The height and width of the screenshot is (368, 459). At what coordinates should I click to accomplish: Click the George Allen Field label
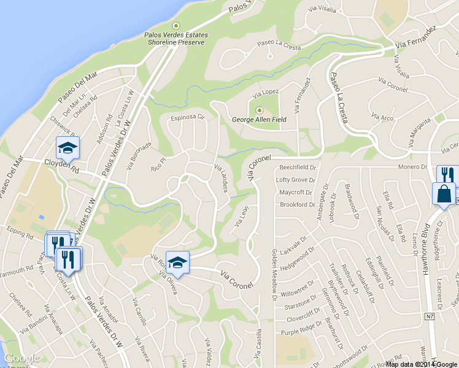point(258,120)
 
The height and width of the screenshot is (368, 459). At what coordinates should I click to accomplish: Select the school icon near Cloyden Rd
point(68,147)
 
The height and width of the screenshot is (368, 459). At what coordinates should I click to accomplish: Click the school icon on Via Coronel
point(177,263)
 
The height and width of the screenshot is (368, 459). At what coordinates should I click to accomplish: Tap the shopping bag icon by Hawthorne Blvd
point(443,194)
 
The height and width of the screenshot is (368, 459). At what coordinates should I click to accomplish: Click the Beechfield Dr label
point(297,167)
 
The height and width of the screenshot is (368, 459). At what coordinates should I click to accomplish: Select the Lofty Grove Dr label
point(295,180)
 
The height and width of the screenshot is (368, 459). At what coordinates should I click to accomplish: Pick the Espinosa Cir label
point(187,117)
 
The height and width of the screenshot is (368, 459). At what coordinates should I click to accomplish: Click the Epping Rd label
point(21,234)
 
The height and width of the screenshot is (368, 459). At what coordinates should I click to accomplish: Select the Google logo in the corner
point(21,358)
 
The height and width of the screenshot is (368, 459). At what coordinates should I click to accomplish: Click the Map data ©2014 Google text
point(422,364)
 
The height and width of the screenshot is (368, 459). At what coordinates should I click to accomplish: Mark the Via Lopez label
point(266,92)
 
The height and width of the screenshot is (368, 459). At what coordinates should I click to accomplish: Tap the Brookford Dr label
point(297,204)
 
